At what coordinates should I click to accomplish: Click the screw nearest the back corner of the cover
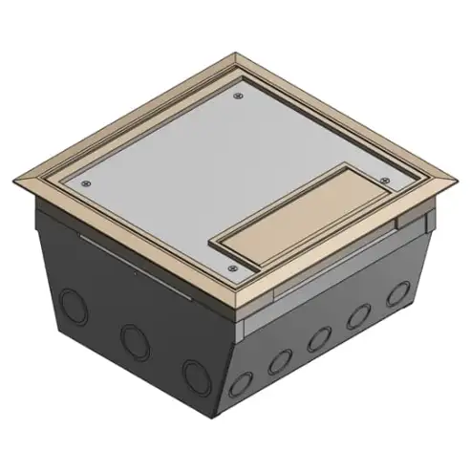[235, 96]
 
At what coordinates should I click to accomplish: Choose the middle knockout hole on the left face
[130, 335]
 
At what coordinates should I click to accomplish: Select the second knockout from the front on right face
[280, 361]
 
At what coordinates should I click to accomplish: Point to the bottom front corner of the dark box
[229, 421]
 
